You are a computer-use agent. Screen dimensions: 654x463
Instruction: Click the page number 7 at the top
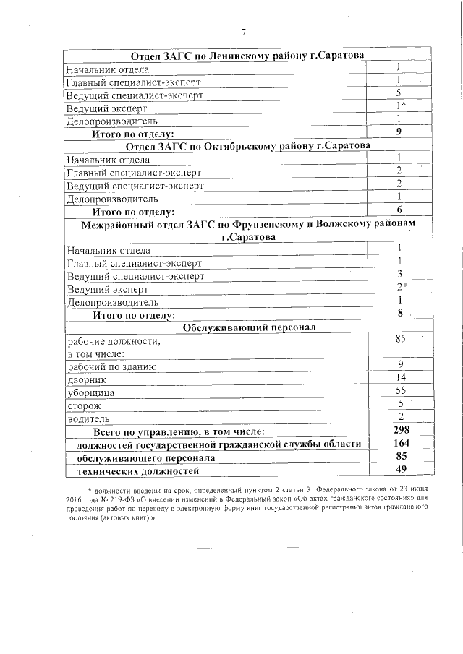(244, 32)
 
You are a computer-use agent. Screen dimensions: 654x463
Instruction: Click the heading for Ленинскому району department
(247, 56)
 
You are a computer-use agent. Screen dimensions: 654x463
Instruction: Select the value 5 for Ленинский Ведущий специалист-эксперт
(399, 93)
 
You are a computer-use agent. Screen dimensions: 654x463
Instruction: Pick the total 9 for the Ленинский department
(399, 132)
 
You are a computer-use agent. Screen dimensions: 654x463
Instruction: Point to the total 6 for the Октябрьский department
(399, 210)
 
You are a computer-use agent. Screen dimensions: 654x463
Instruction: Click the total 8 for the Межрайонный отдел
(399, 313)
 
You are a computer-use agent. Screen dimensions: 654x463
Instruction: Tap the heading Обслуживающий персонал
(246, 327)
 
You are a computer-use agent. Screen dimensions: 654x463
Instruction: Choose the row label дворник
(86, 379)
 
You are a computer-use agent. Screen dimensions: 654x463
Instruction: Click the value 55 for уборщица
(400, 390)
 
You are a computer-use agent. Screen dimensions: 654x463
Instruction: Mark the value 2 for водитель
(400, 416)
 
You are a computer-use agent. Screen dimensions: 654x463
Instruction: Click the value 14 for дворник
(400, 377)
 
